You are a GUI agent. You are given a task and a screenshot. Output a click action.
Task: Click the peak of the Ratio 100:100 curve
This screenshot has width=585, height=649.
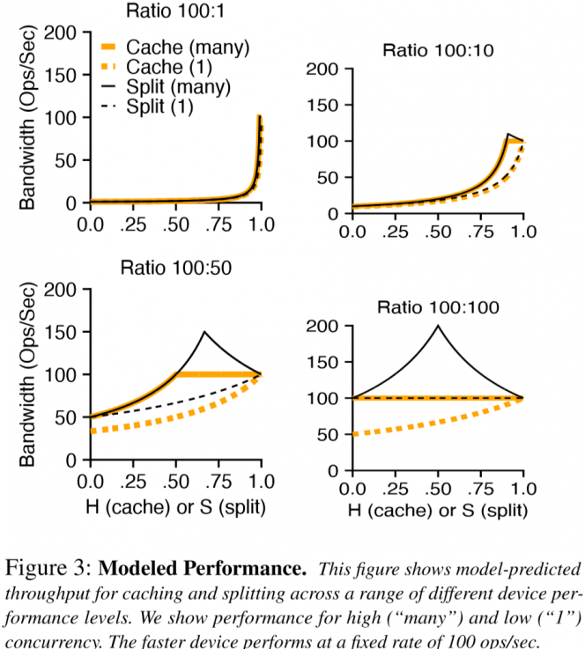coord(438,326)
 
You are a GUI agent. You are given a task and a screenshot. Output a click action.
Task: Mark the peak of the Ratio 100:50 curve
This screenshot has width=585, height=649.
coord(204,332)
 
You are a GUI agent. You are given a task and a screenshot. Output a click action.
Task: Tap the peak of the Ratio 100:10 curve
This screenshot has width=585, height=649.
coord(507,134)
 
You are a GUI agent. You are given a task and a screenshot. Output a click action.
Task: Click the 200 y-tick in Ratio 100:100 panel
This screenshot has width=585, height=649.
coord(328,327)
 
